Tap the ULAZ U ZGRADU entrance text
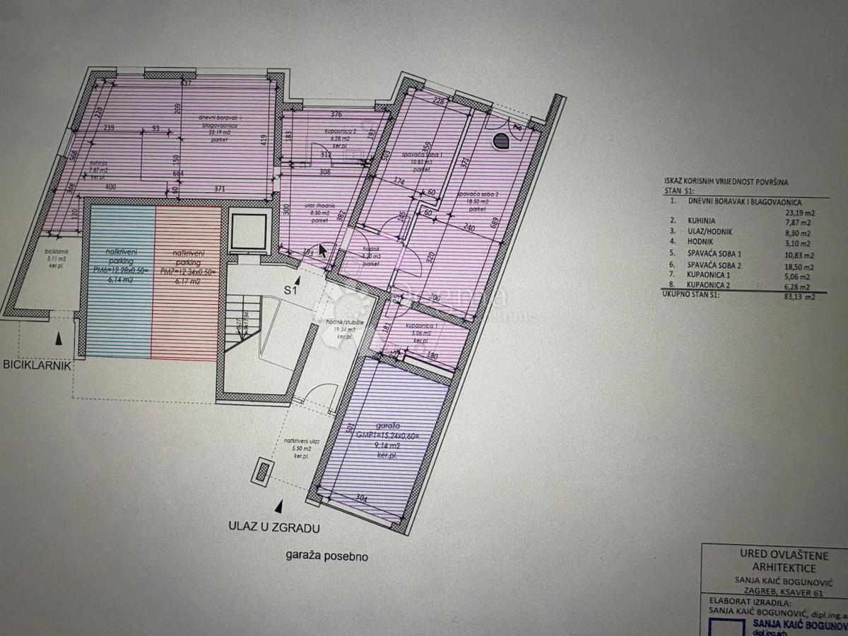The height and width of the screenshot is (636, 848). (x=273, y=526)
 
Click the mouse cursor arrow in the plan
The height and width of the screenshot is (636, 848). (x=322, y=249)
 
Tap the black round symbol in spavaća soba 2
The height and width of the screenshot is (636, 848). (x=500, y=141)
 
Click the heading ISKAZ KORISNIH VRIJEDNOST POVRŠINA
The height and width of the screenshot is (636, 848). (x=730, y=180)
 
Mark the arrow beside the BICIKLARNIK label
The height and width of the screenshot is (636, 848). (x=59, y=339)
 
